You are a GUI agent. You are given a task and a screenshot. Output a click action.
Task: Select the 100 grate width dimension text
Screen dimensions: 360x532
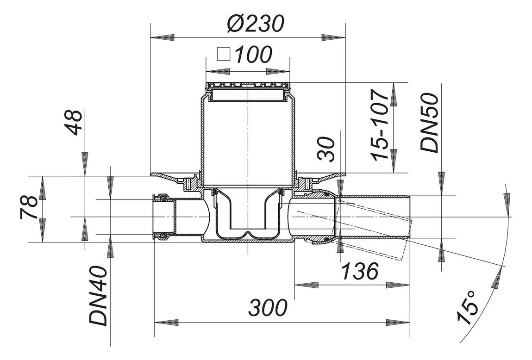[253, 55]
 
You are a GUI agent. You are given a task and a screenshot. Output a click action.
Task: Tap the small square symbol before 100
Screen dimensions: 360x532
[224, 55]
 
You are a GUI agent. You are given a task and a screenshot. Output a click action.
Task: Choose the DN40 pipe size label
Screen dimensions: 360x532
[99, 297]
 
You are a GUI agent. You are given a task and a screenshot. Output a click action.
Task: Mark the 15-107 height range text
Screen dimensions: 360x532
[382, 125]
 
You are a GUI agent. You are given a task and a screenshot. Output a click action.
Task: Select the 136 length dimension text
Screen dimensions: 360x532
[360, 272]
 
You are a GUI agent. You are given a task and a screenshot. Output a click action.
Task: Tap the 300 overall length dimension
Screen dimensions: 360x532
[268, 308]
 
